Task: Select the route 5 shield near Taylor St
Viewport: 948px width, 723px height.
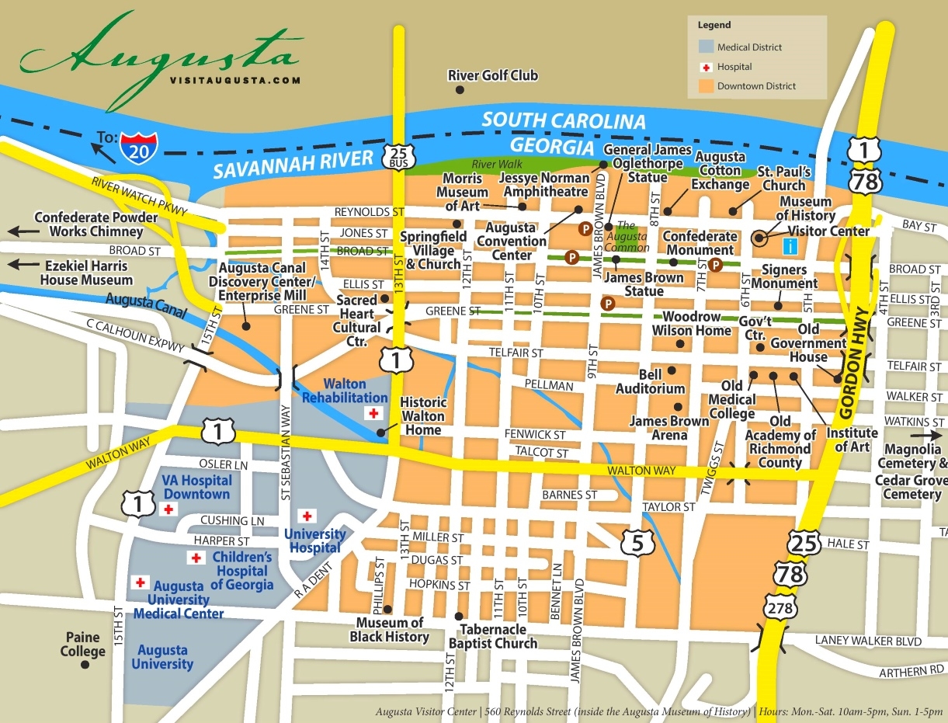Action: coord(637,543)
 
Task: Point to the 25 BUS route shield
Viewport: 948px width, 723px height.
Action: coord(398,155)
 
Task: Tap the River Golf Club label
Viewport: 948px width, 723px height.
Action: coord(492,75)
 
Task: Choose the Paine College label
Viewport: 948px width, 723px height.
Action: coord(82,644)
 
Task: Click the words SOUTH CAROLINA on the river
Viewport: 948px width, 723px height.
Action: coord(564,121)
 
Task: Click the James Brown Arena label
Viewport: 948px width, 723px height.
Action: coord(668,428)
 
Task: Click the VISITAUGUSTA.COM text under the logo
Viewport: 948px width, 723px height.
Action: coord(234,79)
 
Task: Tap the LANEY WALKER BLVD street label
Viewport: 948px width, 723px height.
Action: coord(868,641)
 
